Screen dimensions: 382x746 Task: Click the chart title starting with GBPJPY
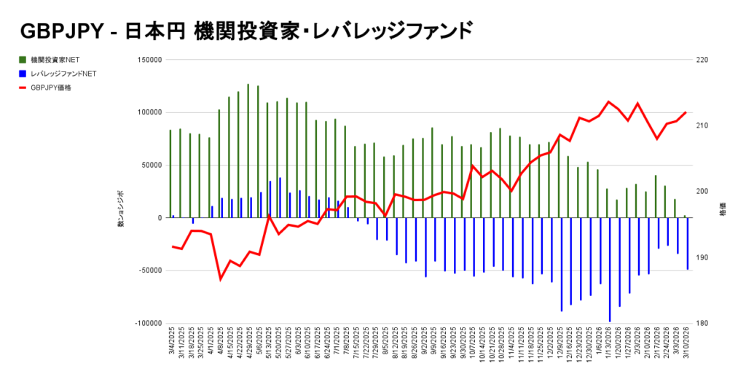[246, 31]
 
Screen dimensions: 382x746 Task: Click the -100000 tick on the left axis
[146, 323]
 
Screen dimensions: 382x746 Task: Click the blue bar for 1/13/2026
[610, 269]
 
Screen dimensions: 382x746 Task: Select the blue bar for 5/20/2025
[280, 198]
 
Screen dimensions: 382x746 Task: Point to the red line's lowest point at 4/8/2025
[220, 279]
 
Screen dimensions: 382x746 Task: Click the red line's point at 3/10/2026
[686, 112]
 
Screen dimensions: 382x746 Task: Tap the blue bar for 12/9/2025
[562, 264]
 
